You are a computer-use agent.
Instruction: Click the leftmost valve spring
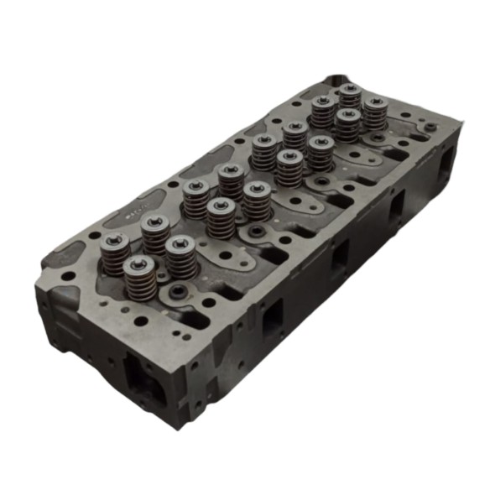click(115, 250)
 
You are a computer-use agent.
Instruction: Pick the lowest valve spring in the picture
click(138, 278)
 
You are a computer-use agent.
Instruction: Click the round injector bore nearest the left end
click(178, 293)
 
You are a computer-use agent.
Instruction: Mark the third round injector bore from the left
click(316, 181)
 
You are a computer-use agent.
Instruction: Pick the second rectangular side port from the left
click(341, 253)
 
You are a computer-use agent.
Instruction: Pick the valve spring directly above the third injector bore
click(320, 151)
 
